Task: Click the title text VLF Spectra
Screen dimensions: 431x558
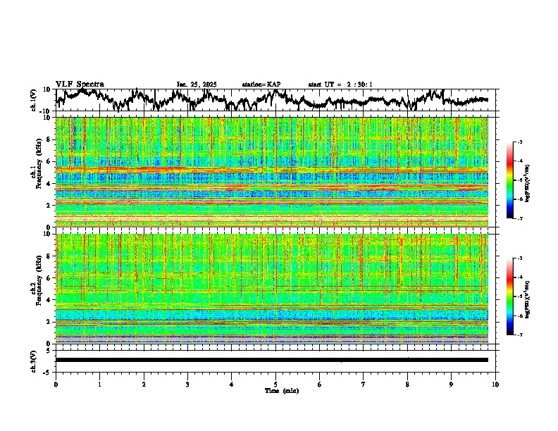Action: [x=80, y=84]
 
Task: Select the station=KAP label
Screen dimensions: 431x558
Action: [x=261, y=85]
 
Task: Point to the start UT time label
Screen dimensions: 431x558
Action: [x=340, y=85]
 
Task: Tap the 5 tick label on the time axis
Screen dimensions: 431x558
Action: [x=275, y=385]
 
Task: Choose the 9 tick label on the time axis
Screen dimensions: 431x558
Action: [x=452, y=385]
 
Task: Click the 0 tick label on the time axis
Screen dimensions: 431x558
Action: [x=56, y=385]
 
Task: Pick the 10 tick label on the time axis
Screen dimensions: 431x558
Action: [x=495, y=385]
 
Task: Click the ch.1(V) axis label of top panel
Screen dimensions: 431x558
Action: [x=34, y=100]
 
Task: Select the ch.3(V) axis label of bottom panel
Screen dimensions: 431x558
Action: [x=34, y=360]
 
